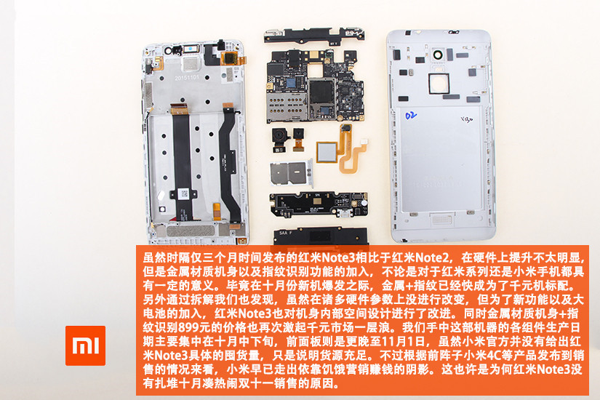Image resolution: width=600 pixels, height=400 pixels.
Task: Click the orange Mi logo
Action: (x=85, y=345)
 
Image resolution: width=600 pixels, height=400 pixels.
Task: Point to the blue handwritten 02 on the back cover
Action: (x=411, y=115)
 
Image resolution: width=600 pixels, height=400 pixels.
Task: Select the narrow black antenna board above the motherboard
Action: (x=314, y=35)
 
